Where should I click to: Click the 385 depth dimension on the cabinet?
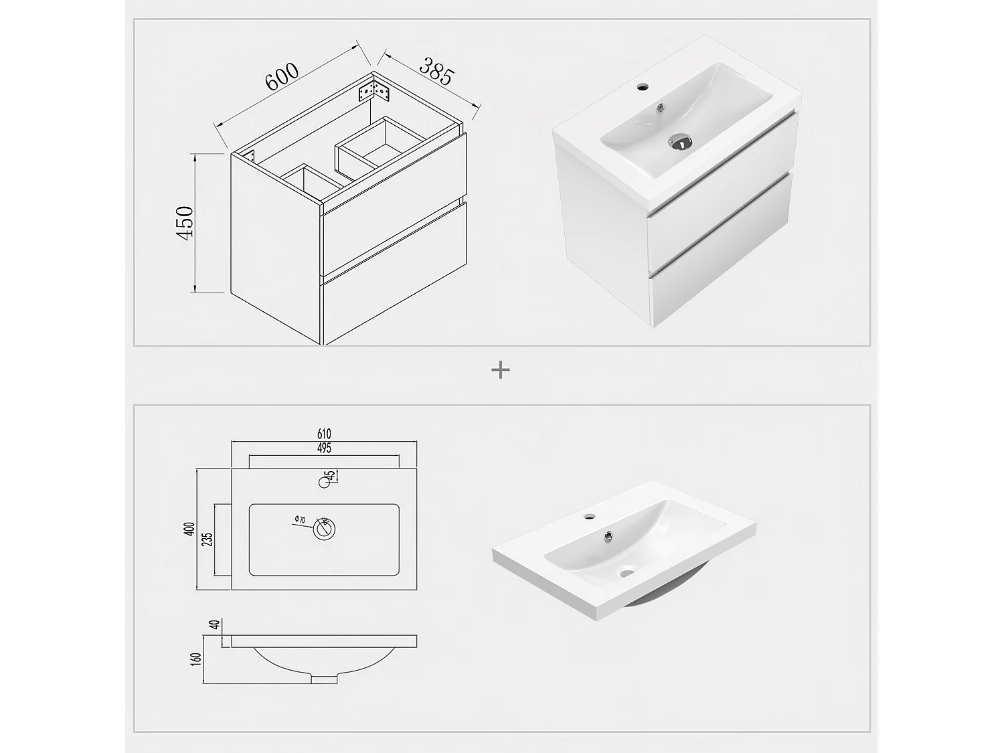click(x=436, y=71)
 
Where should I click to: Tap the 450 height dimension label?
click(x=184, y=223)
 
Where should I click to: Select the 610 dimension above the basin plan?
click(x=324, y=435)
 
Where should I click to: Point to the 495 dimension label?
click(x=324, y=448)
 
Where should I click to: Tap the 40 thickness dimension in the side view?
click(x=214, y=625)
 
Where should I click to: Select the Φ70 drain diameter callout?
click(x=299, y=519)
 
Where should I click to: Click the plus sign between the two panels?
click(x=501, y=369)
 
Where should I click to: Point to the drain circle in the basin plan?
click(x=325, y=529)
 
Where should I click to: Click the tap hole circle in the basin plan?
click(x=325, y=481)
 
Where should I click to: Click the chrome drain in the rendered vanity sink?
click(x=679, y=141)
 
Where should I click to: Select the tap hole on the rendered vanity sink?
click(x=645, y=86)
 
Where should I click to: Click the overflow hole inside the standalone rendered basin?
click(x=608, y=535)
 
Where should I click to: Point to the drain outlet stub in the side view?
click(x=325, y=679)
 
